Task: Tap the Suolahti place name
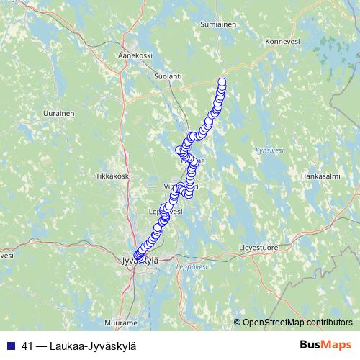[x=167, y=74]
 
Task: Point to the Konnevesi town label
[x=282, y=42]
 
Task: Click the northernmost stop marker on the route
[x=222, y=81]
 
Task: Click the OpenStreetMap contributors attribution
[x=297, y=322]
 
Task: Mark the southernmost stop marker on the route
[x=138, y=257]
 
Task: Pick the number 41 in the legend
[x=27, y=346]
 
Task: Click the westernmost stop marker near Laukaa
[x=179, y=150]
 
